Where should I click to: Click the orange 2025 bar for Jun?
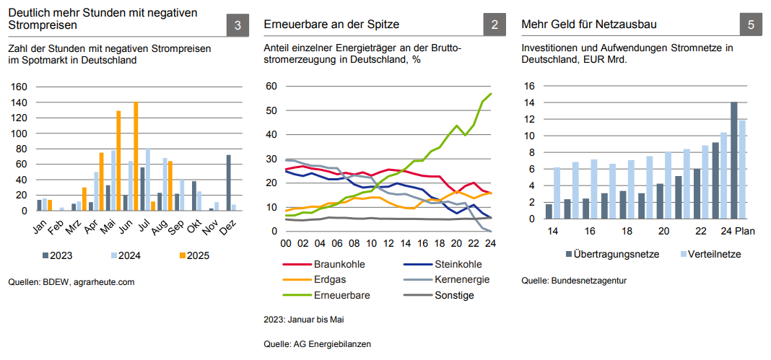tap(136, 156)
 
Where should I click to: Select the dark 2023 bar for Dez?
tap(229, 183)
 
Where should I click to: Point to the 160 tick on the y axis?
tap(19, 87)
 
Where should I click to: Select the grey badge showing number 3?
tap(238, 25)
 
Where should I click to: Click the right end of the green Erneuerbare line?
tap(492, 94)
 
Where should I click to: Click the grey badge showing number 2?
tap(495, 25)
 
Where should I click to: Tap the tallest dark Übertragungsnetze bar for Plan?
tap(734, 160)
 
